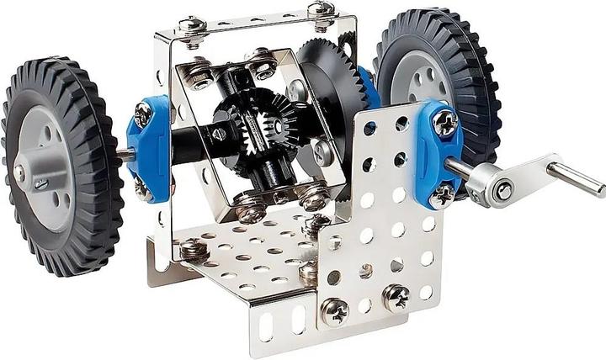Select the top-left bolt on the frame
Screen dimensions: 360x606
[x=193, y=24]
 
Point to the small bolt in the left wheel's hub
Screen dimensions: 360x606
[x=19, y=173]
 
